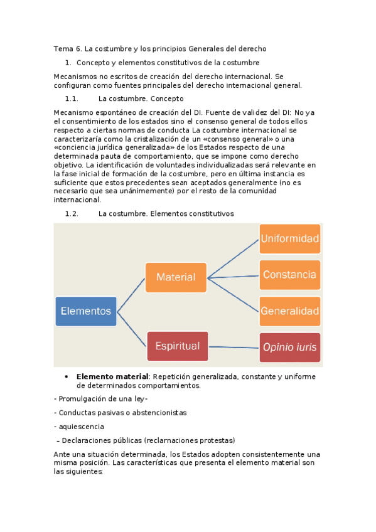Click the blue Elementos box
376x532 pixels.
pos(86,311)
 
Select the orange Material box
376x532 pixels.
pos(176,277)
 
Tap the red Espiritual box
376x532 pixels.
pos(178,346)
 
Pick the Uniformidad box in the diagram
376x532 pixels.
pos(290,238)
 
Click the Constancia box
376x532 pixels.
pos(290,275)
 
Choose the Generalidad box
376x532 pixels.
pos(290,311)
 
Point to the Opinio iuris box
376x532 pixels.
pos(290,347)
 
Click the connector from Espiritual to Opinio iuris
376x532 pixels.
pos(234,346)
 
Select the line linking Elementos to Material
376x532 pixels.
pos(131,294)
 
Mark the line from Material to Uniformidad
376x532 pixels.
pos(234,258)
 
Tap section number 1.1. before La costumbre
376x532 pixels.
pos(72,98)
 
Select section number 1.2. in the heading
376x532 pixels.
pos(72,213)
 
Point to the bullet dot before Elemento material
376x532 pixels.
pos(67,376)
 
